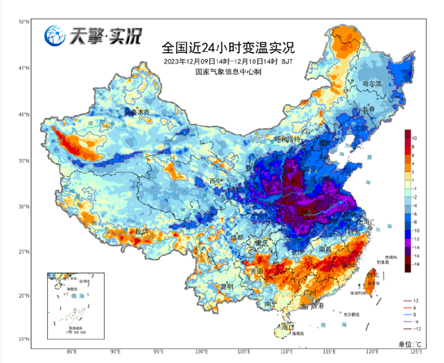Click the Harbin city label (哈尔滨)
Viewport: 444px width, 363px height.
372,84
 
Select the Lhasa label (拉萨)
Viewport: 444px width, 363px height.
141,231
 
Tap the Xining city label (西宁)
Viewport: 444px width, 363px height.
216,180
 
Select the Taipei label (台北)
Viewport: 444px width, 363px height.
373,275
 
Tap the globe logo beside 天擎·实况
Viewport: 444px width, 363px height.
54,36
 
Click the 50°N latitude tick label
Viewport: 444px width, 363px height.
24,22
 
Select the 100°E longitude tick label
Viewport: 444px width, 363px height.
202,351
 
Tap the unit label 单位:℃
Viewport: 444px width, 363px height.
410,343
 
